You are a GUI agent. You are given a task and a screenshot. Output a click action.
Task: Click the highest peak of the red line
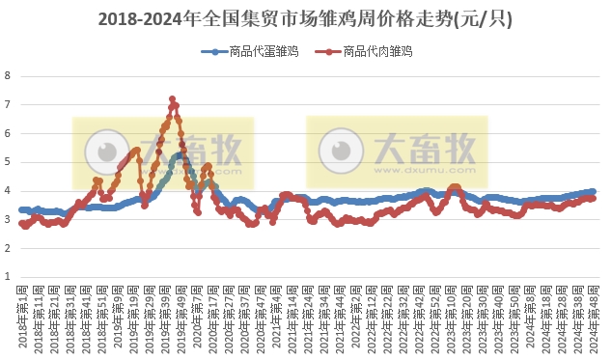(x=172, y=98)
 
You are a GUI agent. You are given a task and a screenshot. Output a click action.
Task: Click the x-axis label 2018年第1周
(x=22, y=314)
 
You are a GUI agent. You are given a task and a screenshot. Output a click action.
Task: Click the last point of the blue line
(x=593, y=191)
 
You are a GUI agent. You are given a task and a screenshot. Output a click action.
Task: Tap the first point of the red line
(x=21, y=224)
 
